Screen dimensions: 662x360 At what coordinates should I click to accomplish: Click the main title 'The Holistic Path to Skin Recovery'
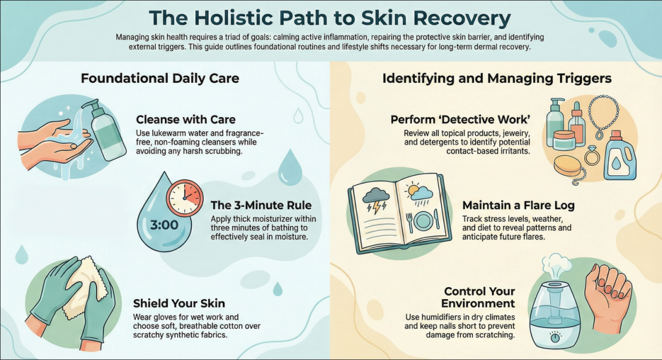click(x=330, y=17)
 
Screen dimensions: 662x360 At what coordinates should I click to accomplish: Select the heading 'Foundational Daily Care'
click(x=160, y=78)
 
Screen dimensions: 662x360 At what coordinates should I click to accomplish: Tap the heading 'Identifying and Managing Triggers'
click(x=497, y=78)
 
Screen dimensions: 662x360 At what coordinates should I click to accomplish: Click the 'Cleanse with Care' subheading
click(x=186, y=120)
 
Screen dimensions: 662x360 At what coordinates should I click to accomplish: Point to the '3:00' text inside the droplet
click(x=164, y=225)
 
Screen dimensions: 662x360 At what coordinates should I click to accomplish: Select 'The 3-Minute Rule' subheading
click(x=261, y=205)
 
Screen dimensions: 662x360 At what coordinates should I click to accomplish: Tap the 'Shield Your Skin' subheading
click(x=179, y=303)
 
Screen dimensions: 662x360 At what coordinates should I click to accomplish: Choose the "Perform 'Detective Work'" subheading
click(x=460, y=120)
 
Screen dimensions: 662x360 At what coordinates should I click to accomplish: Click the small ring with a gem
click(x=592, y=156)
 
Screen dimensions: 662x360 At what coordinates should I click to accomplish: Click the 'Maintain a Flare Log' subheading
click(x=518, y=206)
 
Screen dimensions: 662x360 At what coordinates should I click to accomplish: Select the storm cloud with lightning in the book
click(x=376, y=199)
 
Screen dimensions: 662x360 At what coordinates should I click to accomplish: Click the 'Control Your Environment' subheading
click(x=479, y=297)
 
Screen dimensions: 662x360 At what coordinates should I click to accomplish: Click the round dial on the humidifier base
click(x=555, y=337)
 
